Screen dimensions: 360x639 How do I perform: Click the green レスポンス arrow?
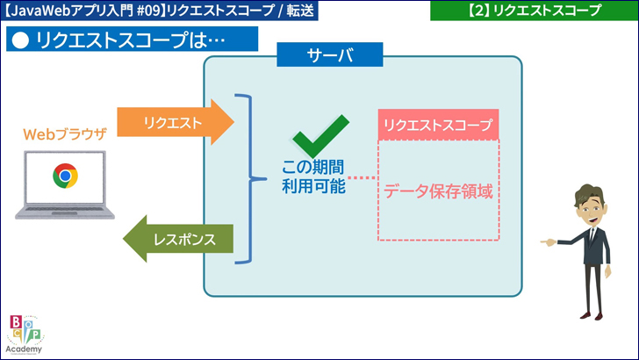180,238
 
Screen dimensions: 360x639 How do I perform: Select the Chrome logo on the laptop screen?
64,176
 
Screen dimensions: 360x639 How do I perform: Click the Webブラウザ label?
65,134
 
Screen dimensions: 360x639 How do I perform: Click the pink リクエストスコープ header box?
438,125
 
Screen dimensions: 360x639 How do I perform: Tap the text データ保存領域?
438,191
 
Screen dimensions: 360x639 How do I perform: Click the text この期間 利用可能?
312,176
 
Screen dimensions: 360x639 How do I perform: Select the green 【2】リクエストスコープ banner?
533,11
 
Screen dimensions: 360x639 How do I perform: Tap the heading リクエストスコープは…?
132,40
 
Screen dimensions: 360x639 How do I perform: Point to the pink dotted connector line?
362,178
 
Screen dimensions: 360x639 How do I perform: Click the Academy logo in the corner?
24,335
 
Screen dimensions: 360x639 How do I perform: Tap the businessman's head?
588,204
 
